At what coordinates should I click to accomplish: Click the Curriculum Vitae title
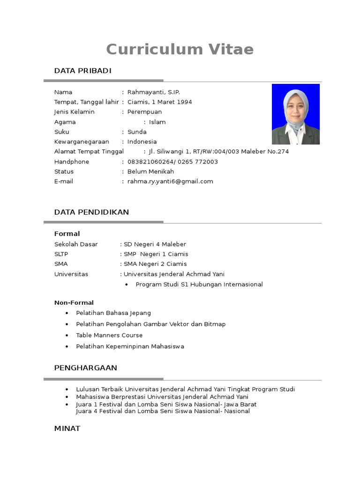pyautogui.click(x=180, y=49)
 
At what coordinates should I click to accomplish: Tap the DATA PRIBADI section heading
pyautogui.click(x=83, y=71)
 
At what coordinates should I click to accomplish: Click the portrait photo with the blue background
pyautogui.click(x=296, y=114)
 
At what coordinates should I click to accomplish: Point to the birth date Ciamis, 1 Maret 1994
pyautogui.click(x=159, y=102)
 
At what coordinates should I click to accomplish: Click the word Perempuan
pyautogui.click(x=144, y=112)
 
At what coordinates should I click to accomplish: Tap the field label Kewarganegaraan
pyautogui.click(x=82, y=142)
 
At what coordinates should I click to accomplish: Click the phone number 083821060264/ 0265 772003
pyautogui.click(x=172, y=162)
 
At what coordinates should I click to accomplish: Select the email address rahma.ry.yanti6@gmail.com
pyautogui.click(x=170, y=181)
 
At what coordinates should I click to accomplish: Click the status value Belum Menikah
pyautogui.click(x=150, y=172)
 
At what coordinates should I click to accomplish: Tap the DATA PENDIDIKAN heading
pyautogui.click(x=91, y=212)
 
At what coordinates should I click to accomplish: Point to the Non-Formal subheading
pyautogui.click(x=74, y=302)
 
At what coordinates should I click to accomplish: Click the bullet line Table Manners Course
pyautogui.click(x=109, y=335)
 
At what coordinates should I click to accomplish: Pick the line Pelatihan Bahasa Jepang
pyautogui.click(x=113, y=313)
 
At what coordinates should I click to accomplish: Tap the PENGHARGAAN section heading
pyautogui.click(x=86, y=368)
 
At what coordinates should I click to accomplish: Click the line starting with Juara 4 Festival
pyautogui.click(x=163, y=411)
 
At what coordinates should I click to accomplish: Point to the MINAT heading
pyautogui.click(x=67, y=428)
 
